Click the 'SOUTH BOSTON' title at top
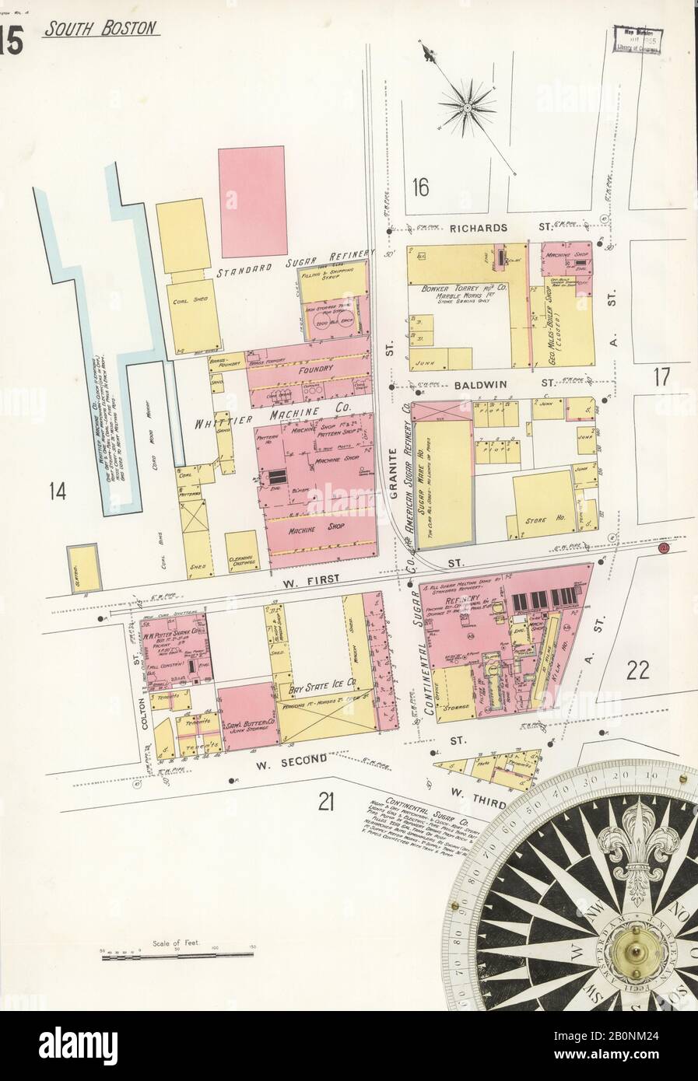(x=102, y=30)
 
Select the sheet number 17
(x=661, y=379)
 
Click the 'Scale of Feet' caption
(x=181, y=942)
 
